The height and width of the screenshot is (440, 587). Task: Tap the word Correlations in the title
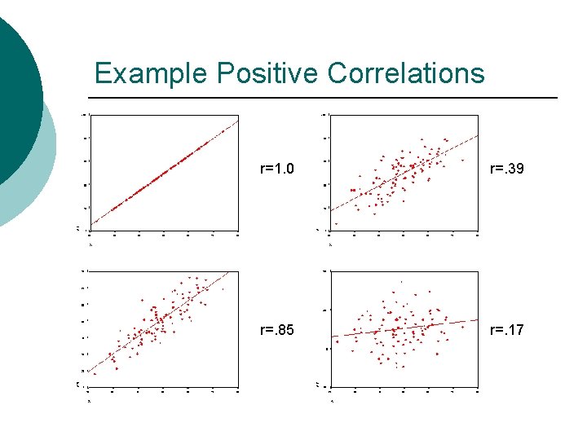tap(406, 73)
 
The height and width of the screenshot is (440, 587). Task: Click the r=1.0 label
tap(276, 169)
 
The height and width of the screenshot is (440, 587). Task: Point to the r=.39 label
tap(506, 169)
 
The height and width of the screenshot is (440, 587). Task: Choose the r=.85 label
tap(276, 330)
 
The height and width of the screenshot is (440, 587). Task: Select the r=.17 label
tap(506, 330)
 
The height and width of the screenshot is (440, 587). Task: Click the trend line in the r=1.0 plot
tap(163, 173)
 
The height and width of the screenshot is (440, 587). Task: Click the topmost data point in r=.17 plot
tap(399, 282)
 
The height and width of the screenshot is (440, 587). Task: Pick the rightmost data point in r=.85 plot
tap(223, 288)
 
